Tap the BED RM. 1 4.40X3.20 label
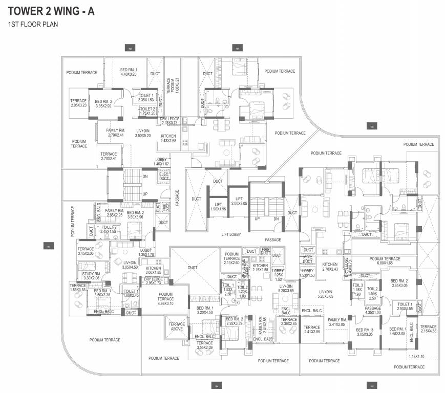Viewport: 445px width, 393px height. tap(129, 72)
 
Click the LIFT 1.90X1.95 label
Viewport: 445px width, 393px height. tap(218, 206)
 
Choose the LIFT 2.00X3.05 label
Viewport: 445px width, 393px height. tap(238, 201)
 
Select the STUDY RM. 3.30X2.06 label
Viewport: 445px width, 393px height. tap(91, 276)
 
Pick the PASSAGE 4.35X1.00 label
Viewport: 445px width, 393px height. tap(373, 310)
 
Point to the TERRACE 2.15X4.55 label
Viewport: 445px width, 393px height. tap(429, 329)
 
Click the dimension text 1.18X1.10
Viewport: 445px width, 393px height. tap(417, 356)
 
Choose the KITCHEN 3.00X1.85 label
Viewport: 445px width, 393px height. tap(153, 271)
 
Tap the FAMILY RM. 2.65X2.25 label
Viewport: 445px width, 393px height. tap(115, 213)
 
